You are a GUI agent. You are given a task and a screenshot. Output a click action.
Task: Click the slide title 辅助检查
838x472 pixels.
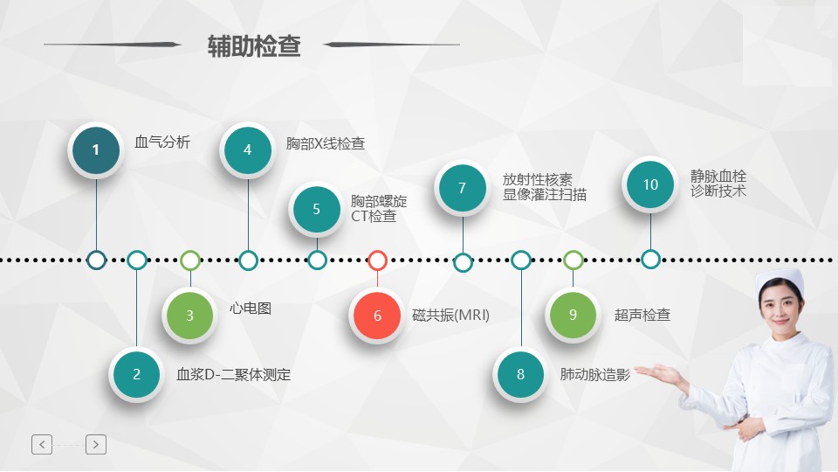coord(254,46)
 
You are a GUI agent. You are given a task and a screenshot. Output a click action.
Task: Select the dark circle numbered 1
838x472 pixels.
coord(96,149)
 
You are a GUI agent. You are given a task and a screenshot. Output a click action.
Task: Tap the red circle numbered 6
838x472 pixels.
coord(377,316)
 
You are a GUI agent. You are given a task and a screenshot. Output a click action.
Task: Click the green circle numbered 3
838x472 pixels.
coord(189,316)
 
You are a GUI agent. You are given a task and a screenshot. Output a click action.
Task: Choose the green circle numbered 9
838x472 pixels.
coord(573,315)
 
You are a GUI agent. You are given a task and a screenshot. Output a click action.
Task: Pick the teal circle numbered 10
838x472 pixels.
coord(650,184)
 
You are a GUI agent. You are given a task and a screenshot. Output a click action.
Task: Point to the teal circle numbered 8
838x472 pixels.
coord(520,374)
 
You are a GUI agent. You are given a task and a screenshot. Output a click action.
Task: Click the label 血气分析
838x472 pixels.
coord(162,142)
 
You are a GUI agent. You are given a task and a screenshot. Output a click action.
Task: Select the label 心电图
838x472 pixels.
coord(251,309)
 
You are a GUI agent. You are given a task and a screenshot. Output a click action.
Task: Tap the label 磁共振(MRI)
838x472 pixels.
coord(450,316)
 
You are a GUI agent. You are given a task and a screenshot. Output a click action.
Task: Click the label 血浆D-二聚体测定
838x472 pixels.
coord(234,374)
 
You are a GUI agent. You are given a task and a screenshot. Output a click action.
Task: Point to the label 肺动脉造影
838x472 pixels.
coord(594,374)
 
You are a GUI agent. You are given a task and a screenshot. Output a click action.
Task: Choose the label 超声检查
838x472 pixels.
coord(642,315)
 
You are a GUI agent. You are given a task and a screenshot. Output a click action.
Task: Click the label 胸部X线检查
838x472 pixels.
coord(326,143)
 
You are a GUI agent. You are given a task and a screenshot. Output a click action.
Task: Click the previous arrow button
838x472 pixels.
coord(42,444)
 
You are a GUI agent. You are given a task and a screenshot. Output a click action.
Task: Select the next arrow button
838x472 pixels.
coord(96,444)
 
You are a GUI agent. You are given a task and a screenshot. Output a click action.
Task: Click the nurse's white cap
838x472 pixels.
coord(781,280)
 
